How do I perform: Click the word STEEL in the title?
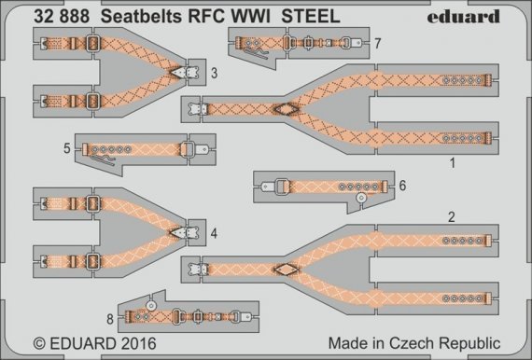tap(306, 13)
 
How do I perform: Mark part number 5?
tap(67, 148)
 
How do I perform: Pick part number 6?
tap(402, 186)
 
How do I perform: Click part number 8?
tap(110, 317)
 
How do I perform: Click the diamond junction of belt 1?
tap(281, 109)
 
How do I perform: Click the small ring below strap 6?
tap(359, 199)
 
